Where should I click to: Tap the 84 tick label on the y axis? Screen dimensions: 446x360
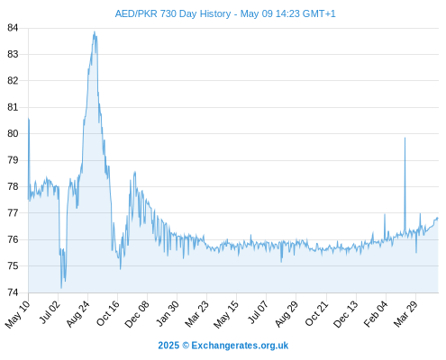(13, 28)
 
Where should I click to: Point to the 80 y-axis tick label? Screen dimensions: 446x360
(13, 133)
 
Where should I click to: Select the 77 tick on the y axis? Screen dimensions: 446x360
(13, 213)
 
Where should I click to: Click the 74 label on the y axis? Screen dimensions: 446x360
(13, 292)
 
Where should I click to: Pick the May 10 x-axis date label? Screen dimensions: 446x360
(18, 314)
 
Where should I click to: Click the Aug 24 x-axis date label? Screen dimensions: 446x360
(78, 313)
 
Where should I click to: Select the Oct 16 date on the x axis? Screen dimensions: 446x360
(108, 313)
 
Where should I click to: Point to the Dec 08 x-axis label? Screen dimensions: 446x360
(137, 314)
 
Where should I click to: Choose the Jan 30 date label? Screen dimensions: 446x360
(168, 313)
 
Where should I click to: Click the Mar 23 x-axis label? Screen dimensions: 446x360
(196, 313)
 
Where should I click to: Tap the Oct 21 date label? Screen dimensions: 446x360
(317, 313)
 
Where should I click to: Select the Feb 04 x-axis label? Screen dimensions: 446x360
(376, 314)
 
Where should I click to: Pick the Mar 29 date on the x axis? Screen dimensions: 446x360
(405, 313)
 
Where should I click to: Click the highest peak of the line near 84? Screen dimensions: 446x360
(95, 31)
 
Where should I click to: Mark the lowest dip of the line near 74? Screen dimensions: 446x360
(61, 288)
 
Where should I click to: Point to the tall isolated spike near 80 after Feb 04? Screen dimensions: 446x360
(405, 138)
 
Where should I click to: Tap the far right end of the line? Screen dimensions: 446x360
(438, 218)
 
